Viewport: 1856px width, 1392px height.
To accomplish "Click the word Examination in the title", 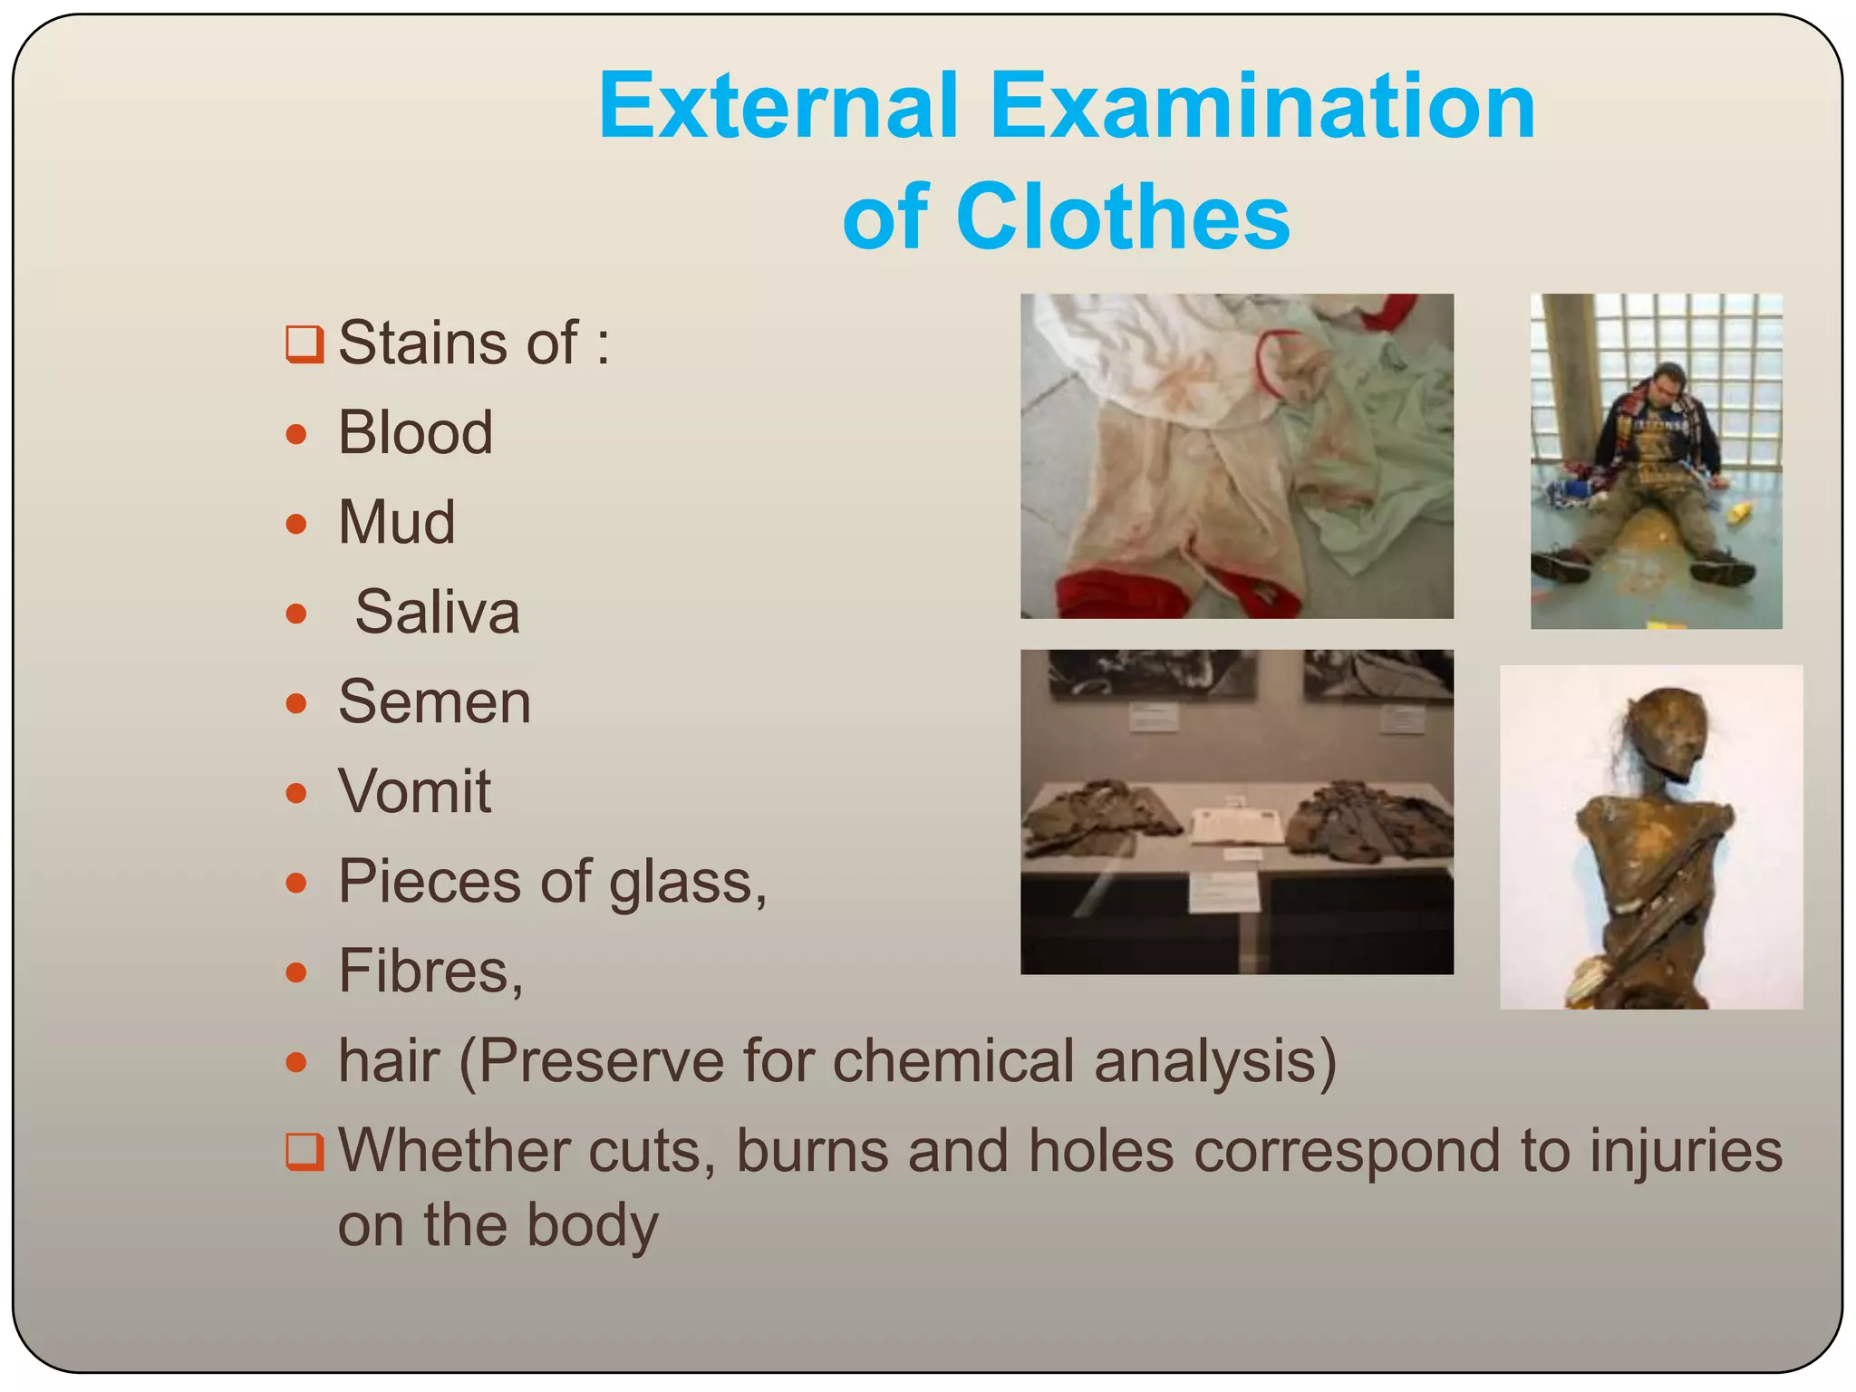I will (1262, 107).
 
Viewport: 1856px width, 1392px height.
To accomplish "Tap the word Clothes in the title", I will (1123, 217).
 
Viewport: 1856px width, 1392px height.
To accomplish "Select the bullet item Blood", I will (415, 432).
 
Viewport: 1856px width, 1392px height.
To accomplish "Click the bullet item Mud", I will (396, 522).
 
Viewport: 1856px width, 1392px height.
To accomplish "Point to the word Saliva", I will (437, 612).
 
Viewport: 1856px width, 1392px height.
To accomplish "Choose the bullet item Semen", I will (434, 701).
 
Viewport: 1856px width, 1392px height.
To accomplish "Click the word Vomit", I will (414, 791).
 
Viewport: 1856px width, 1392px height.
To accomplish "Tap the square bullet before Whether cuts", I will (304, 1152).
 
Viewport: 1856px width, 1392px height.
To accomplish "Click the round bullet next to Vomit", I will (296, 794).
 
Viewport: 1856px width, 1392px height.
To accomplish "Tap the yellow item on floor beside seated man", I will (1738, 514).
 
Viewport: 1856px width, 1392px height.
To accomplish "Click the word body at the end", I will (593, 1225).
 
